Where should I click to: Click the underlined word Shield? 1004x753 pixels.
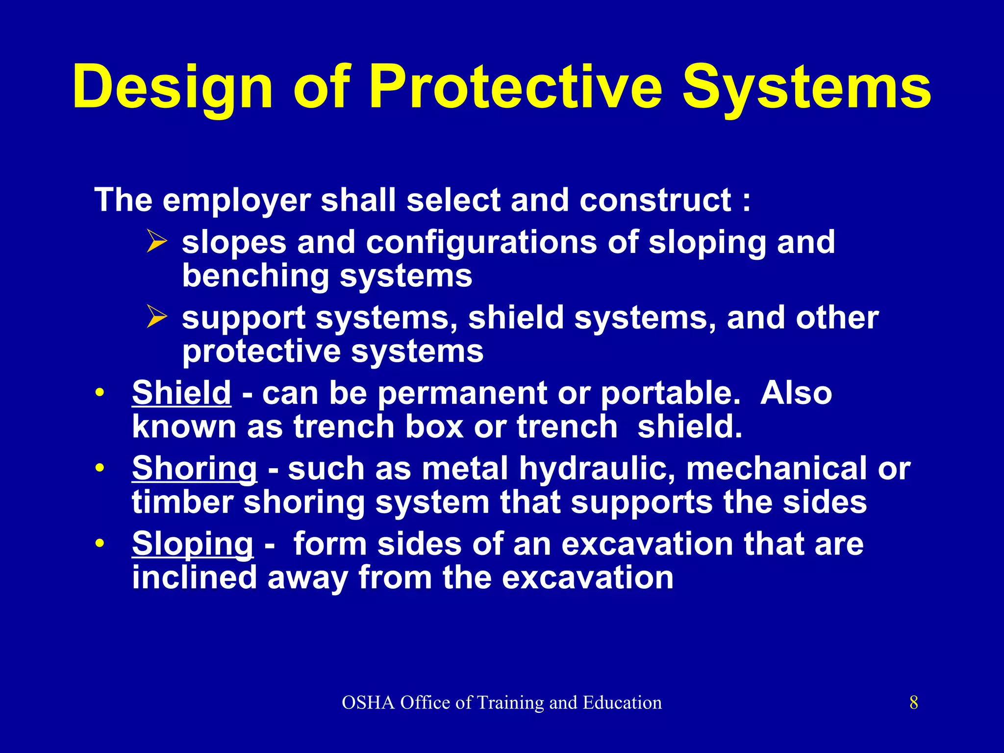click(181, 393)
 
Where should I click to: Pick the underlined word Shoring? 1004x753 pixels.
click(194, 469)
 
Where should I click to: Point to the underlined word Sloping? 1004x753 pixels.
click(193, 544)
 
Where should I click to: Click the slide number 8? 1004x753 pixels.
click(913, 703)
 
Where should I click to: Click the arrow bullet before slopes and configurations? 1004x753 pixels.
click(157, 243)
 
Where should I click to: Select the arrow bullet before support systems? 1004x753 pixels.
click(157, 318)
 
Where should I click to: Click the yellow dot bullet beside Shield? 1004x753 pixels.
click(100, 393)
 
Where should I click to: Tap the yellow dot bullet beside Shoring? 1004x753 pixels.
click(100, 469)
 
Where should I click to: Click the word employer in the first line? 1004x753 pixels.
click(237, 201)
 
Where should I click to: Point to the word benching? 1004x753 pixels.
click(255, 276)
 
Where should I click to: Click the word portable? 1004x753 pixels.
click(670, 393)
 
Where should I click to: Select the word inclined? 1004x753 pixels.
click(194, 577)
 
